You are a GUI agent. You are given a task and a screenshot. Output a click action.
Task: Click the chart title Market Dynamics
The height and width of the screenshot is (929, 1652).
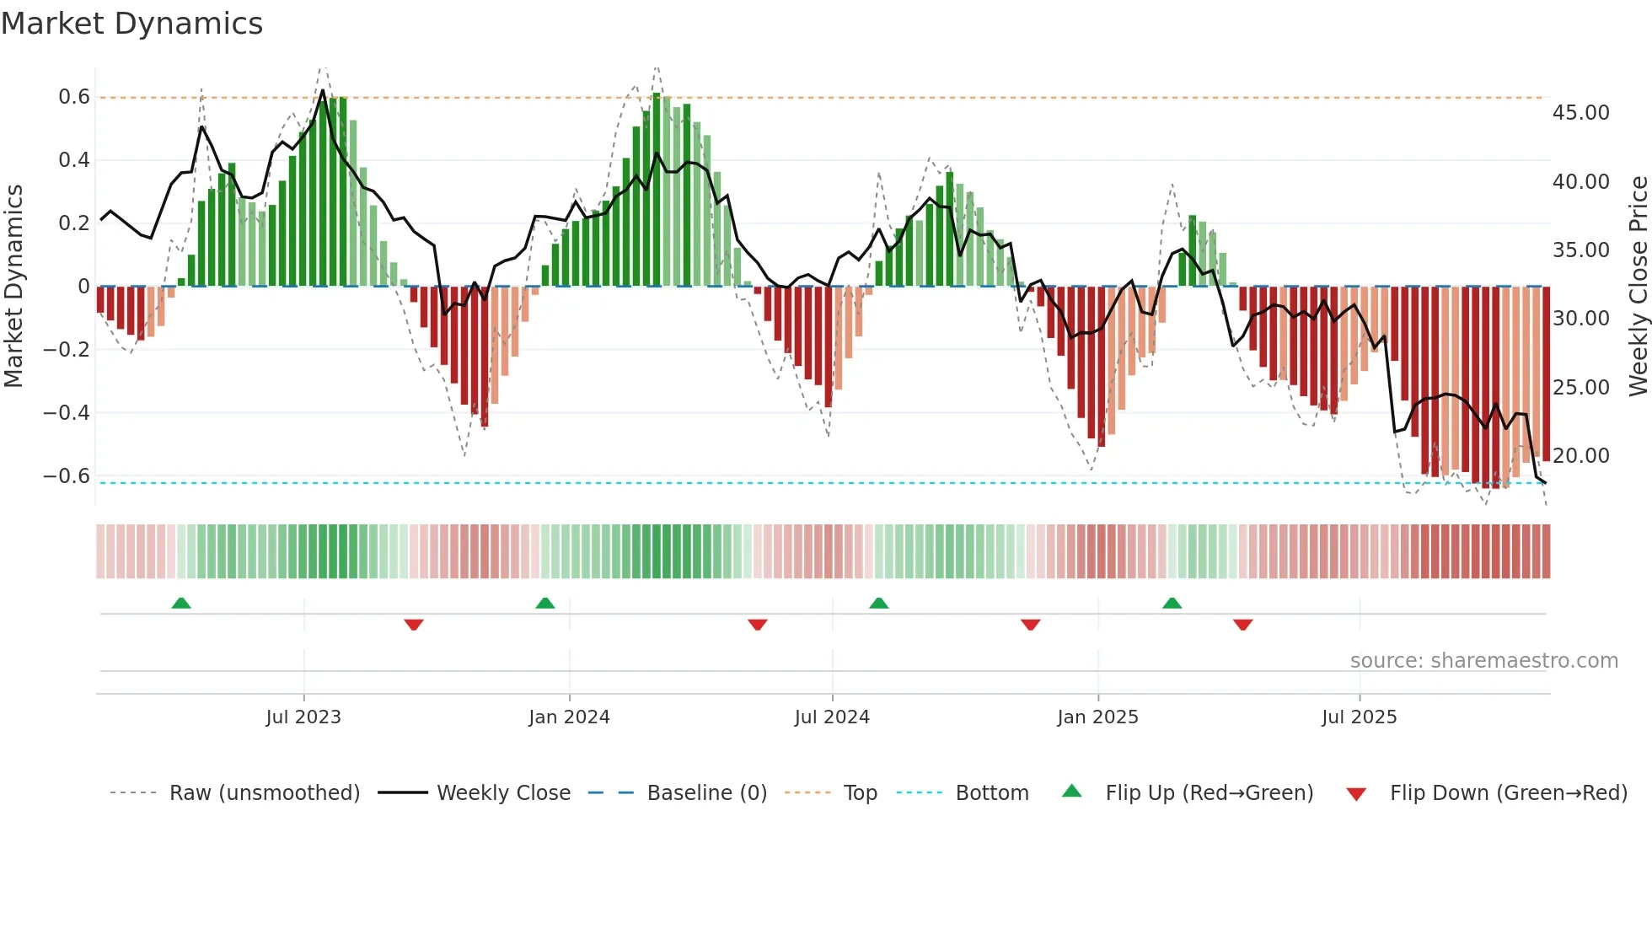click(x=131, y=24)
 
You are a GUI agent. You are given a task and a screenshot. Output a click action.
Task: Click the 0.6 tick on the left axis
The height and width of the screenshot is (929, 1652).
click(x=74, y=97)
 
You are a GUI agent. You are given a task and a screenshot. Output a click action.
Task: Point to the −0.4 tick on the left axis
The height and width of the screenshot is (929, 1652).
click(x=67, y=412)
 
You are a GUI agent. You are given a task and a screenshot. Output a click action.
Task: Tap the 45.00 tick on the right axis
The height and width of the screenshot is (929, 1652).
click(x=1580, y=113)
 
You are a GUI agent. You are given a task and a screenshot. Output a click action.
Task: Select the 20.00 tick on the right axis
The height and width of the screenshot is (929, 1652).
click(x=1580, y=456)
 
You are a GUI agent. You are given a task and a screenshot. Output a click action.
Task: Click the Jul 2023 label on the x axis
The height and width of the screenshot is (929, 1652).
click(x=303, y=717)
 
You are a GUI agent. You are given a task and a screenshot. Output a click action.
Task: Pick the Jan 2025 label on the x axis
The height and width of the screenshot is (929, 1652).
click(x=1097, y=717)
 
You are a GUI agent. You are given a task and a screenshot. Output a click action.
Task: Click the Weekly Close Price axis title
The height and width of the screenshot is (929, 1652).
click(x=1638, y=286)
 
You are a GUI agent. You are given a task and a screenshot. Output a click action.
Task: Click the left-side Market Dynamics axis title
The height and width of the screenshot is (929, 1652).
click(x=13, y=286)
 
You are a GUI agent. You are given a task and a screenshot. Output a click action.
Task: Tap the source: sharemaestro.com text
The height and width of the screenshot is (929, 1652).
click(x=1483, y=661)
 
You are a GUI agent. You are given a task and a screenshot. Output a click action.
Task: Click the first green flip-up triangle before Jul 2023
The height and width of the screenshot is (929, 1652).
click(x=181, y=603)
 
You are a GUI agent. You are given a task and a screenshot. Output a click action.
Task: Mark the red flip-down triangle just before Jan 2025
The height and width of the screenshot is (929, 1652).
click(x=1030, y=625)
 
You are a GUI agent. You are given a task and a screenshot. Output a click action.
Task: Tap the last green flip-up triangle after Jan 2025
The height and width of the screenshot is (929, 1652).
click(x=1172, y=603)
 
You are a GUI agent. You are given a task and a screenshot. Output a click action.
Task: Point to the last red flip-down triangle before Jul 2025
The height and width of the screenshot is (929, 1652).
click(x=1242, y=625)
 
